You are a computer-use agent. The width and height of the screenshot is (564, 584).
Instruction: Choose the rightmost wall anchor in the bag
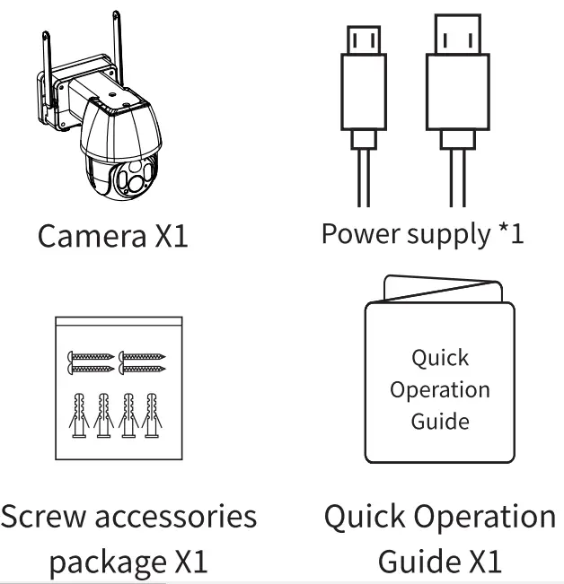tap(153, 415)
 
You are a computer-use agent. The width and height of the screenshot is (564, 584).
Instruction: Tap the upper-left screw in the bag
tap(87, 357)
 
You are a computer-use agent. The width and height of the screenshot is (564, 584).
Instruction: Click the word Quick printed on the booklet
tap(440, 358)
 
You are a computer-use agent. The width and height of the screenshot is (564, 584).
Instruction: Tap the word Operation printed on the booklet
tap(440, 390)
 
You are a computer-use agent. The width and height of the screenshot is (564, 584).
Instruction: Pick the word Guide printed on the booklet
tap(440, 422)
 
